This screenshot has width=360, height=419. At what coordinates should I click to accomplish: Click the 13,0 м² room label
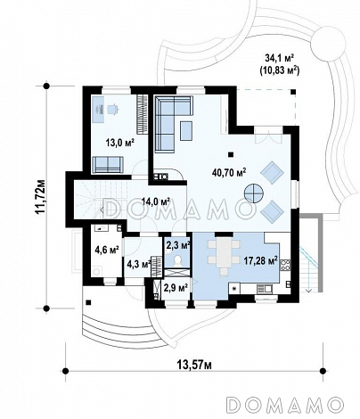point(119,142)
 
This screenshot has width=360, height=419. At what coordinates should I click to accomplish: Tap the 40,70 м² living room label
point(229,172)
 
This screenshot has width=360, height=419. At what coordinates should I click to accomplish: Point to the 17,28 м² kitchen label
point(260,260)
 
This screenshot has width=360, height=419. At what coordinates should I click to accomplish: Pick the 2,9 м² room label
point(176,287)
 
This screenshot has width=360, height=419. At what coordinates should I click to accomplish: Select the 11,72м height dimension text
point(39,197)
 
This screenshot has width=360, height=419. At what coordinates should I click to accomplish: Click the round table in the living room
point(253,193)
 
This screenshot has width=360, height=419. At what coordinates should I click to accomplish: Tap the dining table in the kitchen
point(224,252)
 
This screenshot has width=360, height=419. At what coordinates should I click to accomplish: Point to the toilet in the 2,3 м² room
point(177,260)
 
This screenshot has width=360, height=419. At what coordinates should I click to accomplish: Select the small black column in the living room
point(231,154)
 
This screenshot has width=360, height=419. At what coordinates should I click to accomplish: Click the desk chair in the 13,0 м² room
point(112,109)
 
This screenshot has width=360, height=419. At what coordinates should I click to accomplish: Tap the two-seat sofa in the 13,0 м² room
point(108,164)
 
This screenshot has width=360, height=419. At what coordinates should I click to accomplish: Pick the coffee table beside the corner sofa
point(186,131)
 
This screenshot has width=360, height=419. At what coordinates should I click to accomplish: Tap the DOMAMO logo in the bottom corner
point(285,405)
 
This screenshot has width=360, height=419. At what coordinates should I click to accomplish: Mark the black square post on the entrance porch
point(88,302)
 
